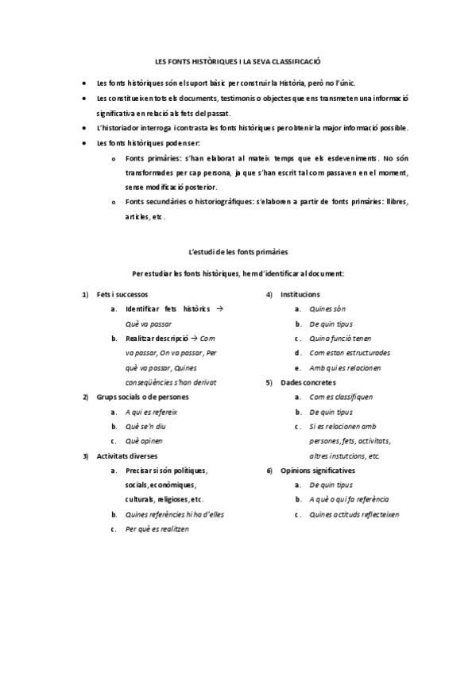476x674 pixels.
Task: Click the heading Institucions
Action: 300,294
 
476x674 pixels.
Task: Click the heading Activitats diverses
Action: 127,456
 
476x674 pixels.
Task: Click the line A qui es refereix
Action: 151,412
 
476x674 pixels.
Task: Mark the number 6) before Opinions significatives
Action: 269,471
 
